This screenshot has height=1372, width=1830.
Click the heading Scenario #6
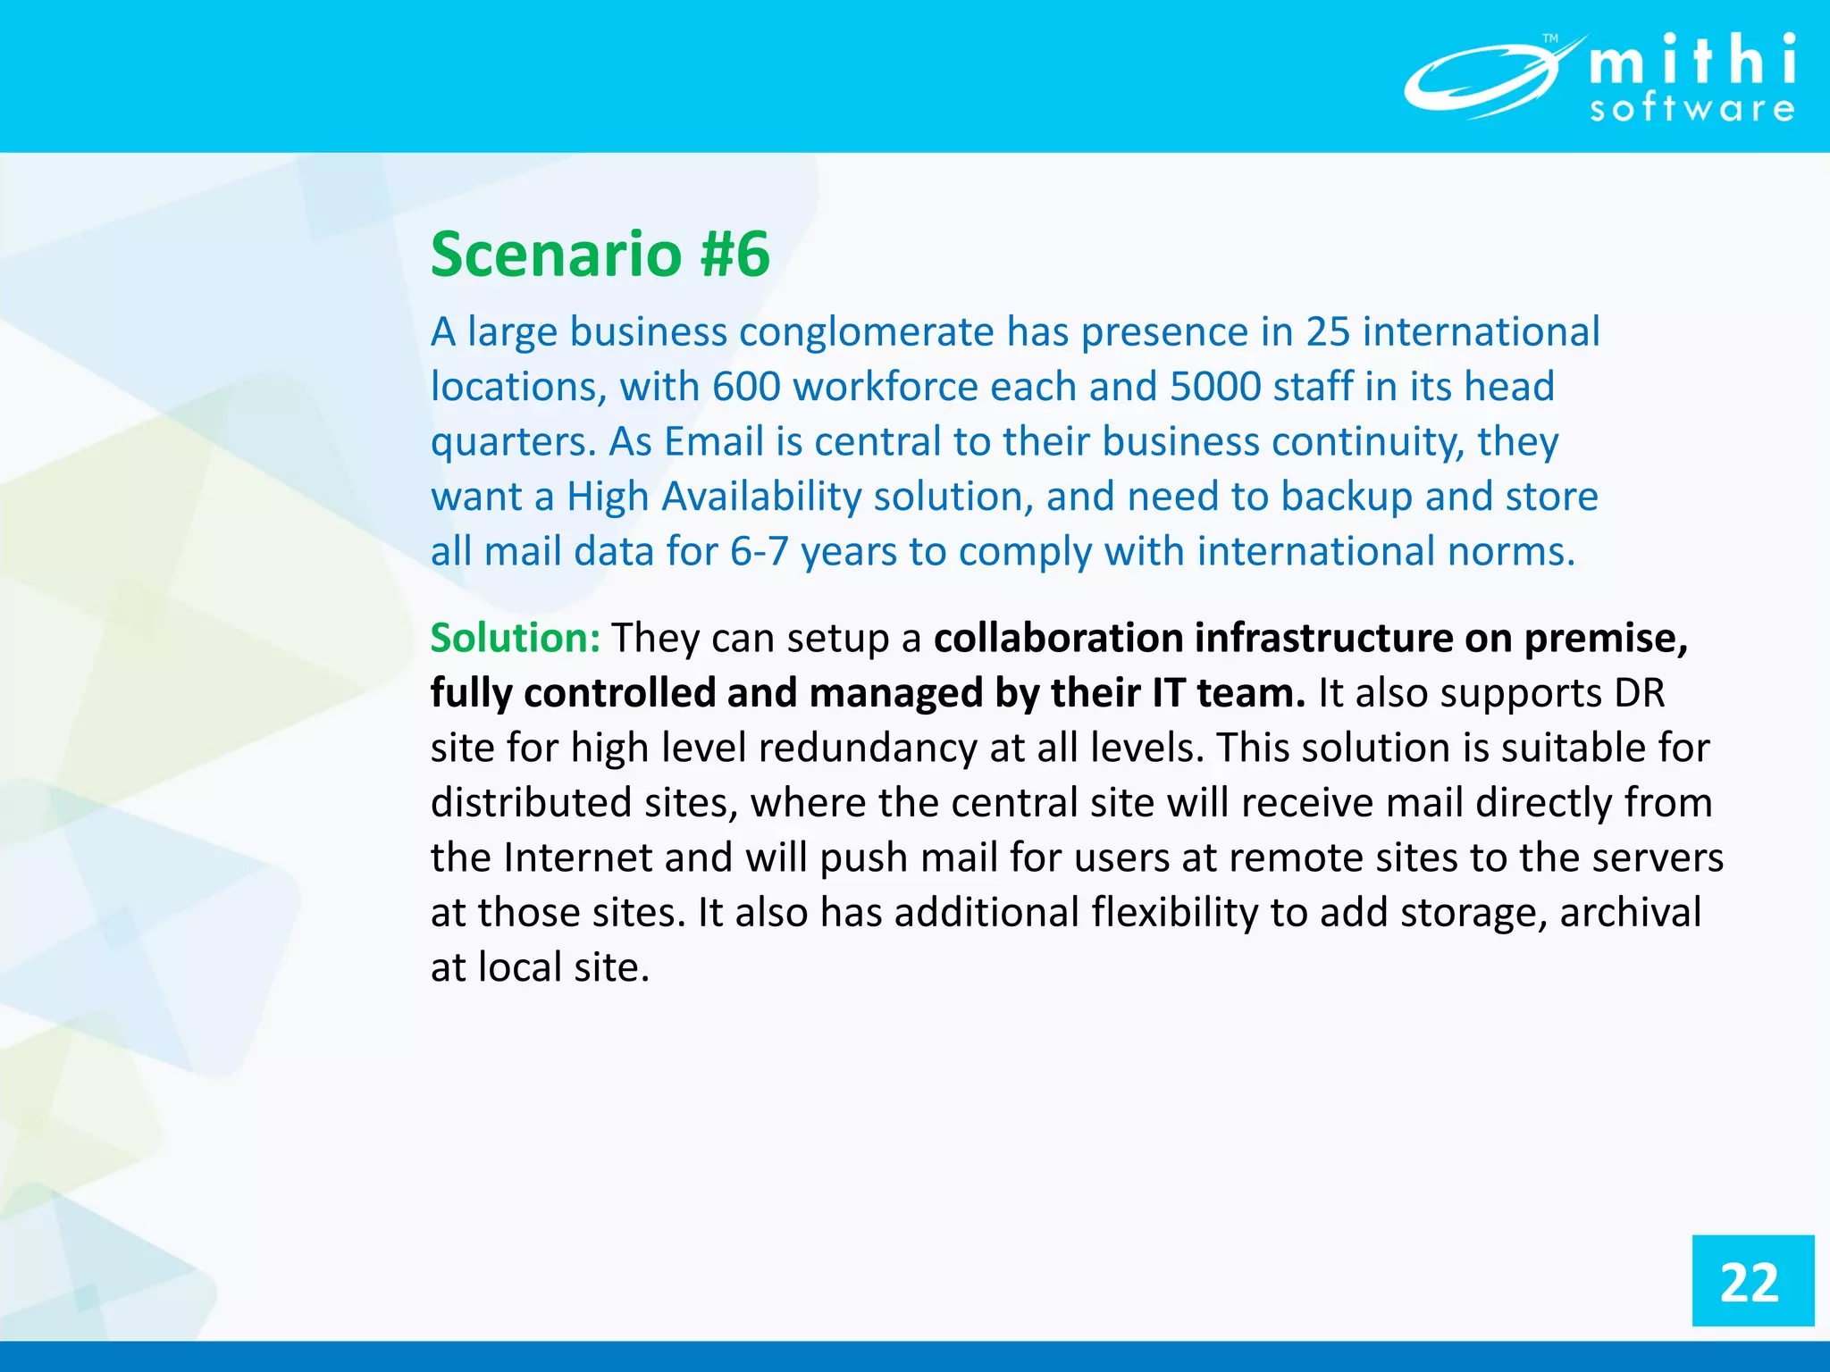(600, 255)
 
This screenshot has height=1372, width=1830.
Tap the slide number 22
(1750, 1283)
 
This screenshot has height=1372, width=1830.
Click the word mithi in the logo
(1692, 61)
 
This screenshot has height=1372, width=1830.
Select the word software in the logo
(1692, 109)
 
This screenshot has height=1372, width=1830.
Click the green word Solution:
(515, 639)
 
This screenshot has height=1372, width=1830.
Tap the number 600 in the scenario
(746, 388)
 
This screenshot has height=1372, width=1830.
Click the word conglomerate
(866, 332)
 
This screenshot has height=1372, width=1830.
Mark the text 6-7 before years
(759, 552)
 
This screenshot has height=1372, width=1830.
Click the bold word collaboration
(1058, 639)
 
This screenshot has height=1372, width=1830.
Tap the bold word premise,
(1606, 639)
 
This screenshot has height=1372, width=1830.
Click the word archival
(1630, 914)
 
